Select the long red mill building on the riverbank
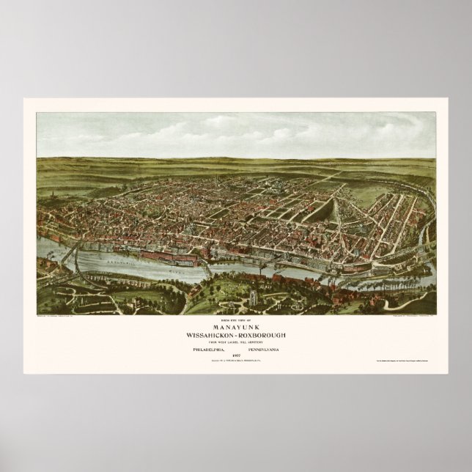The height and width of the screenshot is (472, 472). click(162, 256)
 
